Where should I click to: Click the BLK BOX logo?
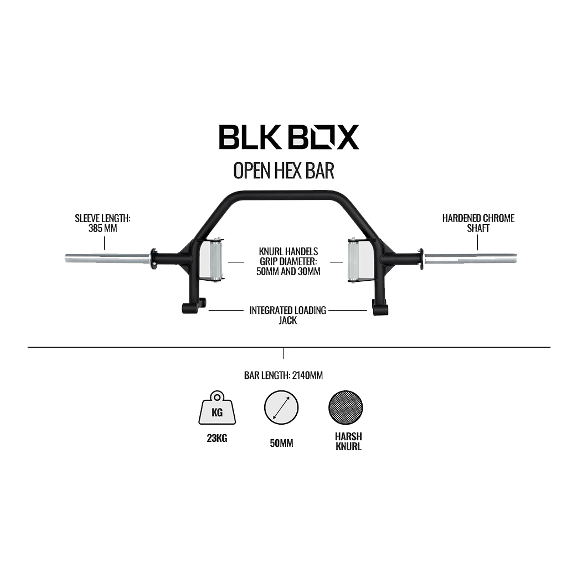288,137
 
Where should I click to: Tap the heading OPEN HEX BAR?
283,171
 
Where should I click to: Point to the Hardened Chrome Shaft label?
478,223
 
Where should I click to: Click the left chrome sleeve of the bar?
107,258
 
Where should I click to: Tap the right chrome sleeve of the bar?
470,258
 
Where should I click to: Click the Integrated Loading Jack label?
287,315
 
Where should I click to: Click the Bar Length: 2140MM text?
283,375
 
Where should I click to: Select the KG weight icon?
217,409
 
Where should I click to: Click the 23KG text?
217,439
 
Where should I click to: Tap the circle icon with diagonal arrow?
281,409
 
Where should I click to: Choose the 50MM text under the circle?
281,444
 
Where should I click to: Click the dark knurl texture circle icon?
346,409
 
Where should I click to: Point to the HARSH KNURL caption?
348,441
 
